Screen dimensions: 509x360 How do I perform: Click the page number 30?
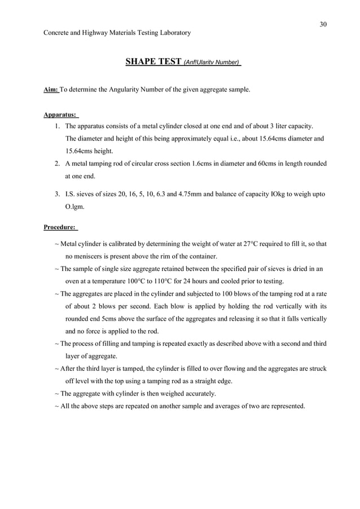point(323,24)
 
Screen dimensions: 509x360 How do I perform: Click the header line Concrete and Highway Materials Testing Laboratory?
point(117,33)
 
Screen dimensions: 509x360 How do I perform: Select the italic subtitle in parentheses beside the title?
point(212,63)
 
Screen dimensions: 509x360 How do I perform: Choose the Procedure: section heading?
point(60,227)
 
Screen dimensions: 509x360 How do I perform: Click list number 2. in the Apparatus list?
point(58,164)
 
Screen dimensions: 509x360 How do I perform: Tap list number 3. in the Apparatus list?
point(58,194)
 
